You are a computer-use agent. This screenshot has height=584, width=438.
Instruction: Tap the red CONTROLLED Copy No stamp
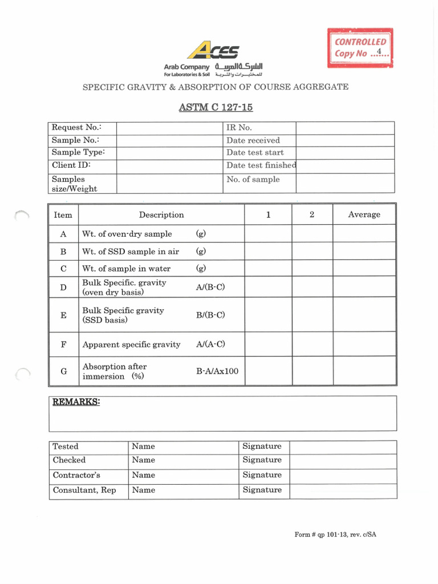coord(360,47)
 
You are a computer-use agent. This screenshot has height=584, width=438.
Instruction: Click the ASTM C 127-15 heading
coord(215,108)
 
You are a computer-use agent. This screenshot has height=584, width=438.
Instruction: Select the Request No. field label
coord(76,128)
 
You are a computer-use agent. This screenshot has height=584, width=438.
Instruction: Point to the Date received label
coord(253,140)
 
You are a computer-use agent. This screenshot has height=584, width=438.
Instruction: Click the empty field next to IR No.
coord(344,128)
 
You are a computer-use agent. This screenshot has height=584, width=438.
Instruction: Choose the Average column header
coord(364,214)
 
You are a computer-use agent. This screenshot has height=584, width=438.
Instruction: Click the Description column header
coord(161,214)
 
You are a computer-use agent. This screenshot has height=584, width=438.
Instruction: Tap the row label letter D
coord(63,287)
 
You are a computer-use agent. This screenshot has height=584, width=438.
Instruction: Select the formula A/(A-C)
coord(210,344)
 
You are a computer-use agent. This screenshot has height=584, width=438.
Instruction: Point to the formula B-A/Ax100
coord(217,371)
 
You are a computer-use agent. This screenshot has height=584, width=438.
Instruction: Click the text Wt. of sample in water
coord(127,269)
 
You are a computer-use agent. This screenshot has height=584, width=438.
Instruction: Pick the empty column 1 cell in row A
coord(268,234)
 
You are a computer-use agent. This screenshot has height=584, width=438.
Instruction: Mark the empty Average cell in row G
coord(364,371)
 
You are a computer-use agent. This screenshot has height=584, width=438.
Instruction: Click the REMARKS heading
coord(76,402)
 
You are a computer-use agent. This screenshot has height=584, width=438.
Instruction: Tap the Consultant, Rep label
coord(84,490)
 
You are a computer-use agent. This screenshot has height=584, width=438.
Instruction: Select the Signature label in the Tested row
coord(262,447)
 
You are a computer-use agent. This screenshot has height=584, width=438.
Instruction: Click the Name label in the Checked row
coord(143,460)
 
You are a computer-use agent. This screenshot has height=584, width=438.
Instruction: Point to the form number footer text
coord(335,534)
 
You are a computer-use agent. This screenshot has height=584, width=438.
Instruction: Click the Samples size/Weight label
coord(74,184)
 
